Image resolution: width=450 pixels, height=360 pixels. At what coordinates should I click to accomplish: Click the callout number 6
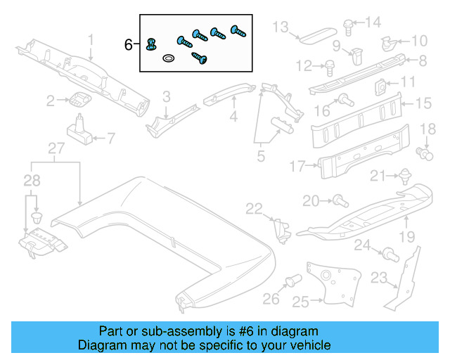(x=128, y=45)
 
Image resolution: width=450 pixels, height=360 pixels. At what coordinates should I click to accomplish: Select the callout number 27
(x=56, y=148)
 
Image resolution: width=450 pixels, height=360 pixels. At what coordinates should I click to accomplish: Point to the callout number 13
(x=281, y=27)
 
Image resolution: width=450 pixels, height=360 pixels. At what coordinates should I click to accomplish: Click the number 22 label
(x=253, y=207)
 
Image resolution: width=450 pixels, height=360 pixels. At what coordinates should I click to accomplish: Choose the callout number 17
(x=297, y=167)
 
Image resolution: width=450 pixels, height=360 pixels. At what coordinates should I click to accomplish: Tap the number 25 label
(x=301, y=302)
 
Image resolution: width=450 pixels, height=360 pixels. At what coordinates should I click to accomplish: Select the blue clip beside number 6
(x=150, y=46)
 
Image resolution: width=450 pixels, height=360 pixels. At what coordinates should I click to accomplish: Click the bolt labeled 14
(x=348, y=25)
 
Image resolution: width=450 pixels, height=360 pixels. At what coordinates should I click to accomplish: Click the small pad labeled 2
(x=81, y=99)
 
